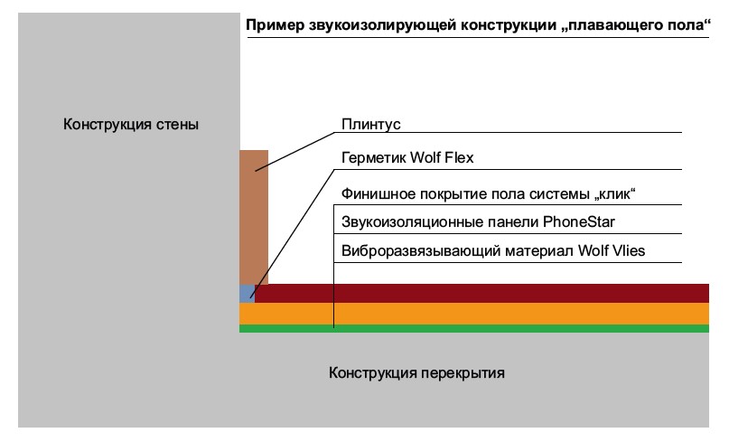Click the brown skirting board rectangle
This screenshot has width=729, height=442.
coord(254,217)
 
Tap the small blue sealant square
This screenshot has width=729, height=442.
coord(247,294)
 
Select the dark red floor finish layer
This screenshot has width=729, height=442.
coord(479,293)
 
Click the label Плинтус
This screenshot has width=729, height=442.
coord(369,124)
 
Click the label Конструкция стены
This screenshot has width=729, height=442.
coord(130,124)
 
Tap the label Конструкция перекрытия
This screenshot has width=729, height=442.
coord(416,372)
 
